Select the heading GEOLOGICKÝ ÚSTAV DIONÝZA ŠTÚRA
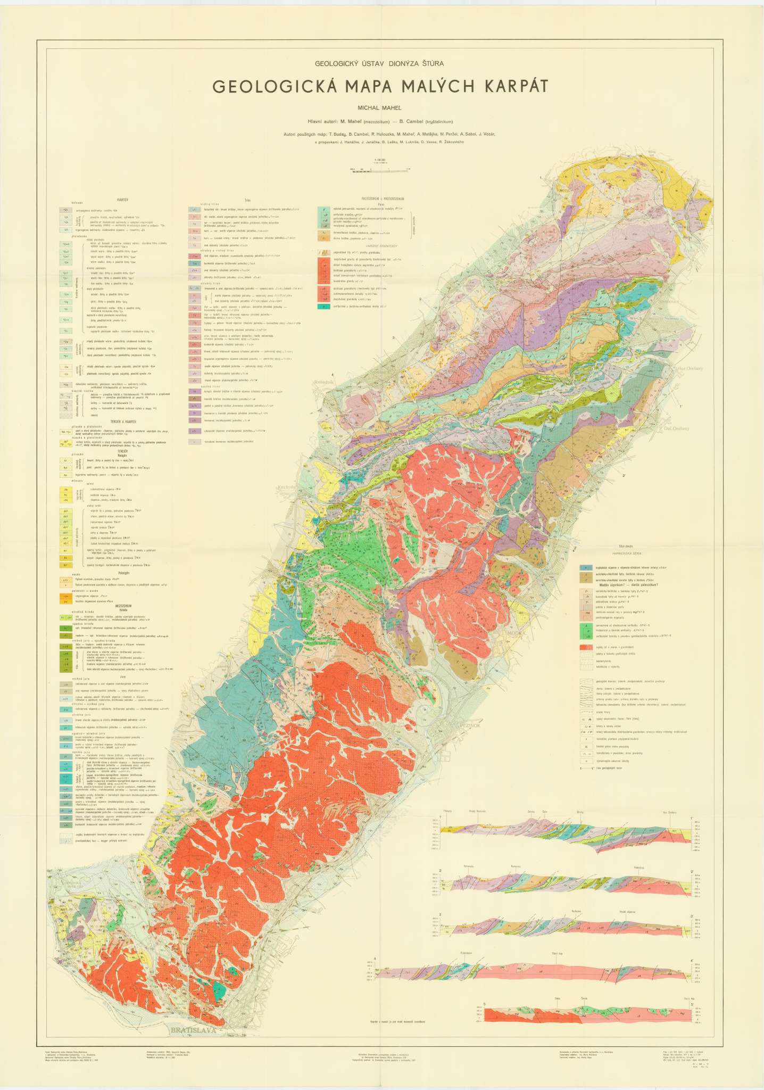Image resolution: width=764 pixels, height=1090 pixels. coord(379,63)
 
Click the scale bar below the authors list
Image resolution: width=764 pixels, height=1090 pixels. coord(380,169)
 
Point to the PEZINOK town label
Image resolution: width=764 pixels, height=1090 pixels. coord(469,725)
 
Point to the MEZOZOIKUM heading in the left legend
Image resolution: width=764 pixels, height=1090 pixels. coord(123,606)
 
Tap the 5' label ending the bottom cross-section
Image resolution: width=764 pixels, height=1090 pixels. coord(692,1003)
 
